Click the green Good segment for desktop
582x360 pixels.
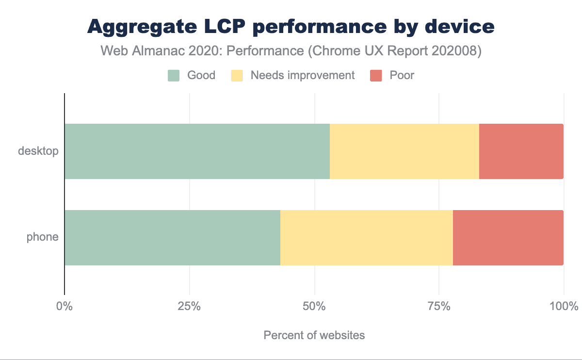click(197, 151)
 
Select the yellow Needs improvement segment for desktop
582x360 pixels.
click(404, 151)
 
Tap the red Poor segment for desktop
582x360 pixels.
click(521, 151)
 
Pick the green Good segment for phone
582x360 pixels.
click(172, 238)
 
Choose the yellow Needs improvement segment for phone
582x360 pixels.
click(367, 238)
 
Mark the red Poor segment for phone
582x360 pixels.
click(508, 238)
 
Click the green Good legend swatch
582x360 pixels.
click(174, 76)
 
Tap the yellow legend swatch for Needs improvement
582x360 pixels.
click(237, 76)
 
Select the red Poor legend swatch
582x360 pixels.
click(376, 76)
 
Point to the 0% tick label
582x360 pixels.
click(65, 307)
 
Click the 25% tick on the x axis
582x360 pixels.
click(189, 307)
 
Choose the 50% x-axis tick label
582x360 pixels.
click(314, 307)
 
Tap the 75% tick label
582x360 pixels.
click(439, 307)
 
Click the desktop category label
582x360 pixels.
click(38, 151)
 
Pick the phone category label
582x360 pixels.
click(43, 237)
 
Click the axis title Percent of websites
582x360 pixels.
click(314, 335)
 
